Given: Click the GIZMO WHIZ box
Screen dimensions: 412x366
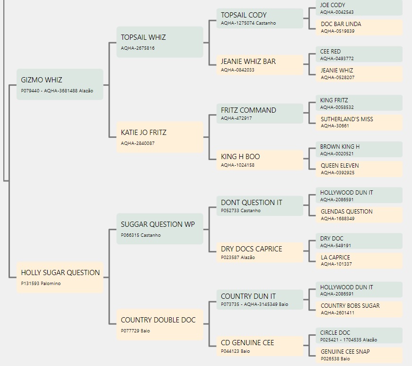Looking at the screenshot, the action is coord(60,84).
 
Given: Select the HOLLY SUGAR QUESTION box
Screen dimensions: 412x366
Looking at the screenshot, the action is coord(60,277).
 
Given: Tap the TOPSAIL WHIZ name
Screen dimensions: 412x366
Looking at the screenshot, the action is coord(143,37).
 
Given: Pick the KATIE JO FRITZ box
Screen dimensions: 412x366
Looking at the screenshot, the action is coord(160,137).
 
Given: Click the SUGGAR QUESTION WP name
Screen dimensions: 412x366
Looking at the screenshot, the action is coord(158,224).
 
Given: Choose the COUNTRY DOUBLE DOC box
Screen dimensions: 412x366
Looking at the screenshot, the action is coord(160,324).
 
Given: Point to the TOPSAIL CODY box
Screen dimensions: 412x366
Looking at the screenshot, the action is coord(260,18).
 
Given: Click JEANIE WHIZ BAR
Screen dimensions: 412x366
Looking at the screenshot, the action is coord(248,62).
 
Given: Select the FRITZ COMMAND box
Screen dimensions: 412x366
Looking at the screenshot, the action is coord(260,114).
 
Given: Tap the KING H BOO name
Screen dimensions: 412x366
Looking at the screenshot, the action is coord(240,157).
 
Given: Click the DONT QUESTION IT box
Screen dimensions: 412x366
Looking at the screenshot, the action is coord(260,206).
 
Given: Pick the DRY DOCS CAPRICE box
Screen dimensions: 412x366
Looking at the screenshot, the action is coord(260,252).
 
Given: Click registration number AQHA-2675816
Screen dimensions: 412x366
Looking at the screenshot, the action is coord(138,48).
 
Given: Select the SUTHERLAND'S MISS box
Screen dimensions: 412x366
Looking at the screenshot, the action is coord(359,122).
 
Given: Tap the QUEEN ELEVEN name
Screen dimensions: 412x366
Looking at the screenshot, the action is coord(340,166).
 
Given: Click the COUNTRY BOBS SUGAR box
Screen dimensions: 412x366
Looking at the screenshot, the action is coord(359,309).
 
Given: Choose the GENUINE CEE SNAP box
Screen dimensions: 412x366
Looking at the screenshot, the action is coord(359,355).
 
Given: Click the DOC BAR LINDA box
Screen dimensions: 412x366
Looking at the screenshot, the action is coord(359,27).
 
